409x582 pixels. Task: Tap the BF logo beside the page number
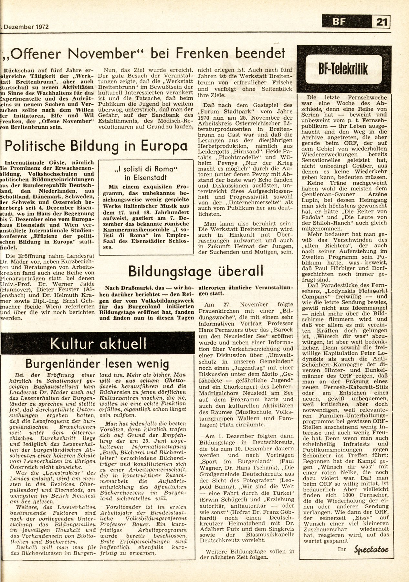pos(339,23)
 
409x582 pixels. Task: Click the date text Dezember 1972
pos(26,27)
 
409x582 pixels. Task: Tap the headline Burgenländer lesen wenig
pos(97,364)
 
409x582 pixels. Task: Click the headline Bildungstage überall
pos(196,271)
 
